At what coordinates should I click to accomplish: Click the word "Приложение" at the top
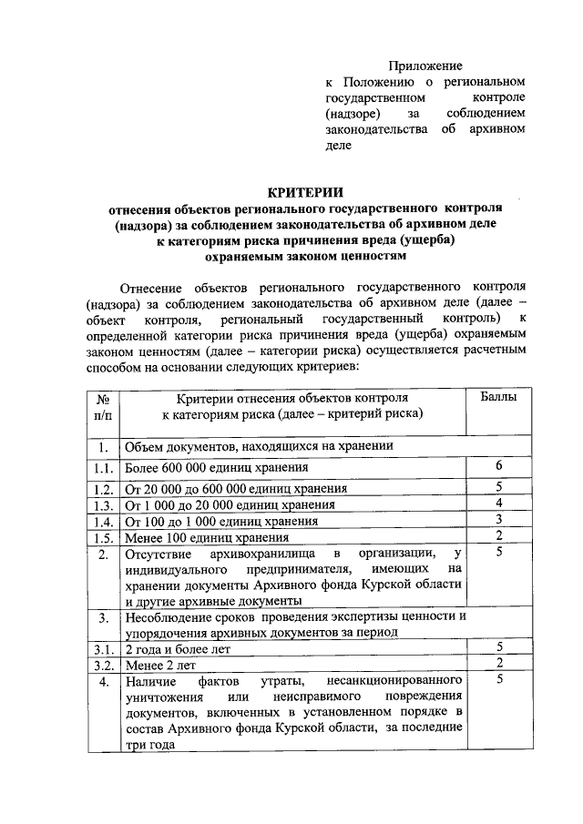425,66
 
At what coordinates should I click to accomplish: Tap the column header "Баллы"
499,398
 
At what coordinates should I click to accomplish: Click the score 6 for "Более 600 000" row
499,466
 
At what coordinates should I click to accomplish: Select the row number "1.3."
102,504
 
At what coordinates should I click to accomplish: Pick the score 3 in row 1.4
499,520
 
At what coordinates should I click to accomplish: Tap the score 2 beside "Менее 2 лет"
499,663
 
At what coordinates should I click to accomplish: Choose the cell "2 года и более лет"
178,648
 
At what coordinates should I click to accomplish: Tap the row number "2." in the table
103,554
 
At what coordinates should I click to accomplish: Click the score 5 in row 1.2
499,487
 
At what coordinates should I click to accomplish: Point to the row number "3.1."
102,648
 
